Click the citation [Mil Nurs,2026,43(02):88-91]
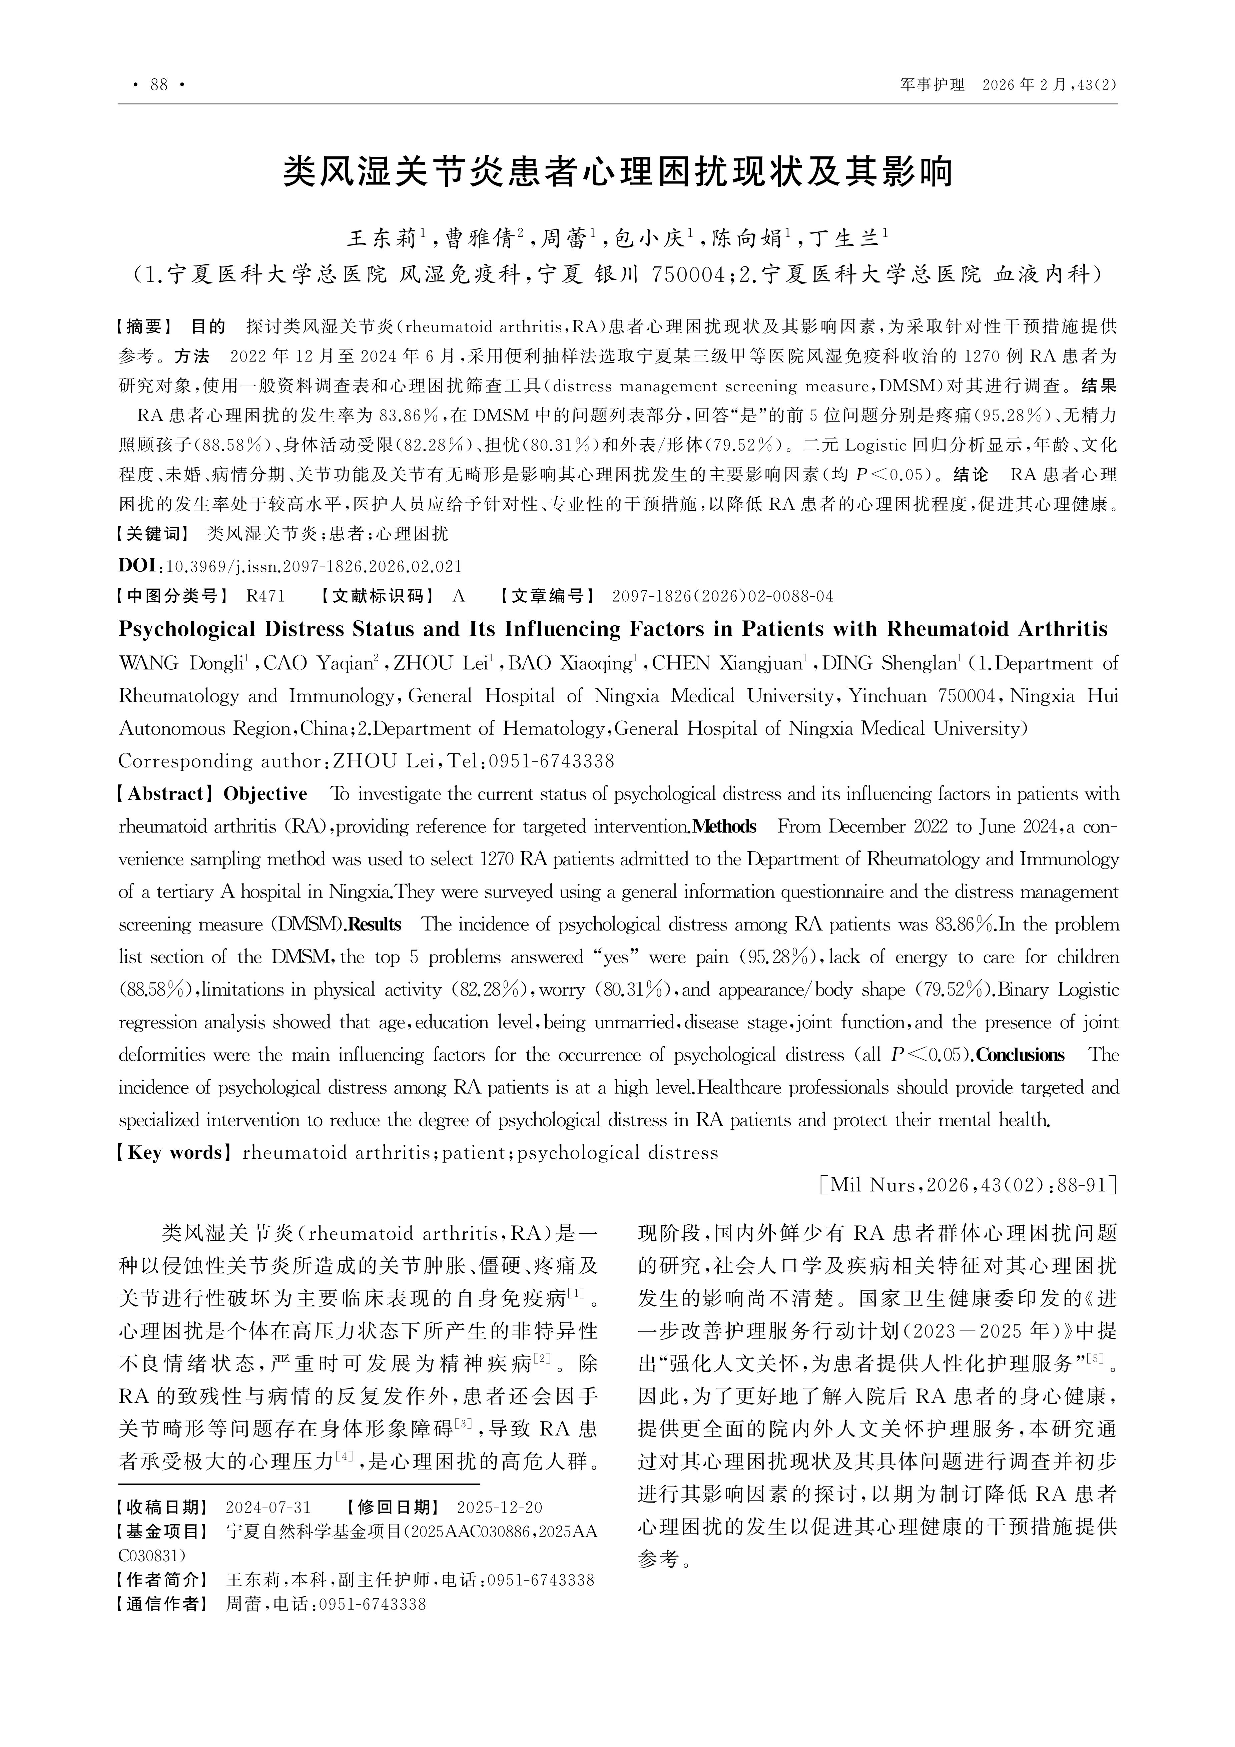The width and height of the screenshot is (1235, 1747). coord(968,1185)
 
